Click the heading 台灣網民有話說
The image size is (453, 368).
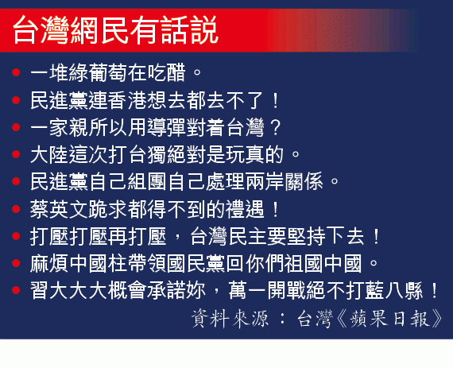(115, 30)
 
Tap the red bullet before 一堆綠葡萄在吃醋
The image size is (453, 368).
(16, 72)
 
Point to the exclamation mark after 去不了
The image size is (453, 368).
(275, 100)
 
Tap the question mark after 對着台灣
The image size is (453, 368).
(275, 127)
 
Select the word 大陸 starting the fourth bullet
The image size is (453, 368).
(49, 154)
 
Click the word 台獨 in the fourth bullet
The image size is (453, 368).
(147, 154)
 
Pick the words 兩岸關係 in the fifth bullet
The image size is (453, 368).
(284, 181)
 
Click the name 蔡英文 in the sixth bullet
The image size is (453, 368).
(60, 209)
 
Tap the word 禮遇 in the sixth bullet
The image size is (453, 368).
(245, 209)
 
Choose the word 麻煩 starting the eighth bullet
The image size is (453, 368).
(49, 263)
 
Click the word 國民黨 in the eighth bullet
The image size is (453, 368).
(196, 263)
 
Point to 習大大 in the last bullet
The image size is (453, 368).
(60, 290)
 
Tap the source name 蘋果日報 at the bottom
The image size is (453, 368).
(389, 319)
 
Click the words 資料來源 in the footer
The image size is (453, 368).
(230, 319)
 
